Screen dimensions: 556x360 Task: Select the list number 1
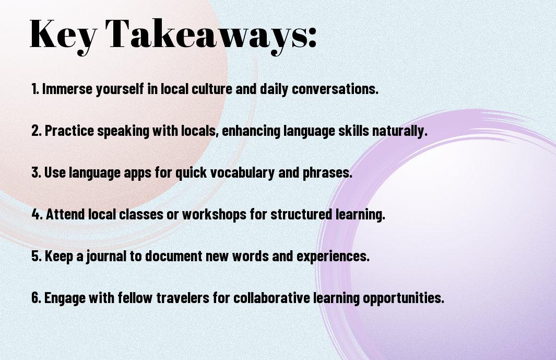click(35, 89)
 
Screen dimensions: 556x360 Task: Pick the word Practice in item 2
click(69, 131)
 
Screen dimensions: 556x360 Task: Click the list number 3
click(36, 172)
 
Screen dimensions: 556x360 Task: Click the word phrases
click(327, 172)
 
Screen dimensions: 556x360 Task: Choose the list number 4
click(37, 214)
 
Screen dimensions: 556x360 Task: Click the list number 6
click(36, 297)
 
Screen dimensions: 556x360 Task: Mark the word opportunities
click(404, 298)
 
